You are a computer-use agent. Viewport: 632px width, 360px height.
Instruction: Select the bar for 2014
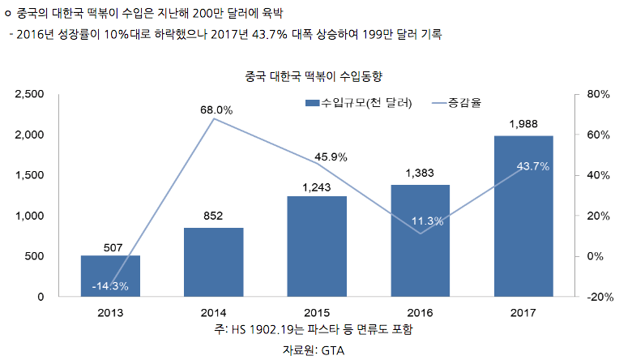coord(213,262)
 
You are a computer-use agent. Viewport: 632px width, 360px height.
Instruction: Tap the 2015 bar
coord(317,246)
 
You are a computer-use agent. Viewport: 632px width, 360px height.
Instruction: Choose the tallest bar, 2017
coord(523,216)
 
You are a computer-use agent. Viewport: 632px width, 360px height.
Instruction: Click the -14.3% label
coord(110,286)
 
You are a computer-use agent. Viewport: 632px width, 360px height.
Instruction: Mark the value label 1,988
coord(523,123)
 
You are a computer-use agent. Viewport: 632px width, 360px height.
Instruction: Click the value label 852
coord(213,215)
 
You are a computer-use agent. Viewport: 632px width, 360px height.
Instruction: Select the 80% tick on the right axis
coord(598,95)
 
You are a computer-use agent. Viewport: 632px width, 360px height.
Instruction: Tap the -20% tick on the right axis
coord(598,297)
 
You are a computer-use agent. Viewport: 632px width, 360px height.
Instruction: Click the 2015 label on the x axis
coord(317,313)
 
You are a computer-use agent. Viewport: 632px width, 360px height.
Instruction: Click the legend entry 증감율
coord(463,103)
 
